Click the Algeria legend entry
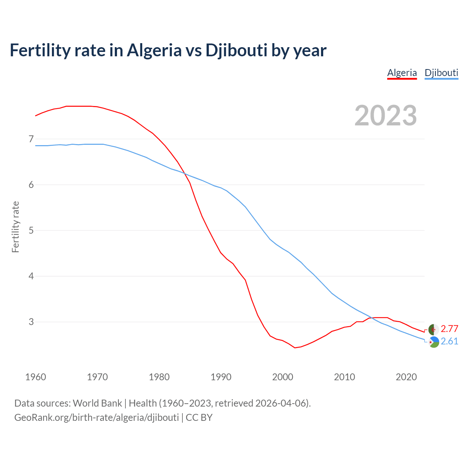coord(402,73)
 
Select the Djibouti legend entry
coord(441,73)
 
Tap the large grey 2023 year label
coord(386,116)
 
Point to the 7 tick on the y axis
coord(31,139)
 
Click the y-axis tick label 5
coord(31,230)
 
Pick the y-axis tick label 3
coord(31,322)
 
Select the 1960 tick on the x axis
coord(35,377)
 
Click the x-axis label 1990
coord(221,377)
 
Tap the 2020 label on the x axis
coord(406,377)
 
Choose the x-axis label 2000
coord(283,377)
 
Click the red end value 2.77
coord(449,329)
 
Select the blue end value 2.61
coord(449,341)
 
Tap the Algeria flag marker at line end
coord(434,329)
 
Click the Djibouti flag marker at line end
coord(434,342)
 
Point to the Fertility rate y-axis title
coord(15,227)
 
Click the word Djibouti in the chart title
coord(236,50)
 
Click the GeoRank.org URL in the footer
coord(97,417)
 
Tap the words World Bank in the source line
coord(97,403)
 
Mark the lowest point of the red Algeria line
coord(295,347)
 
